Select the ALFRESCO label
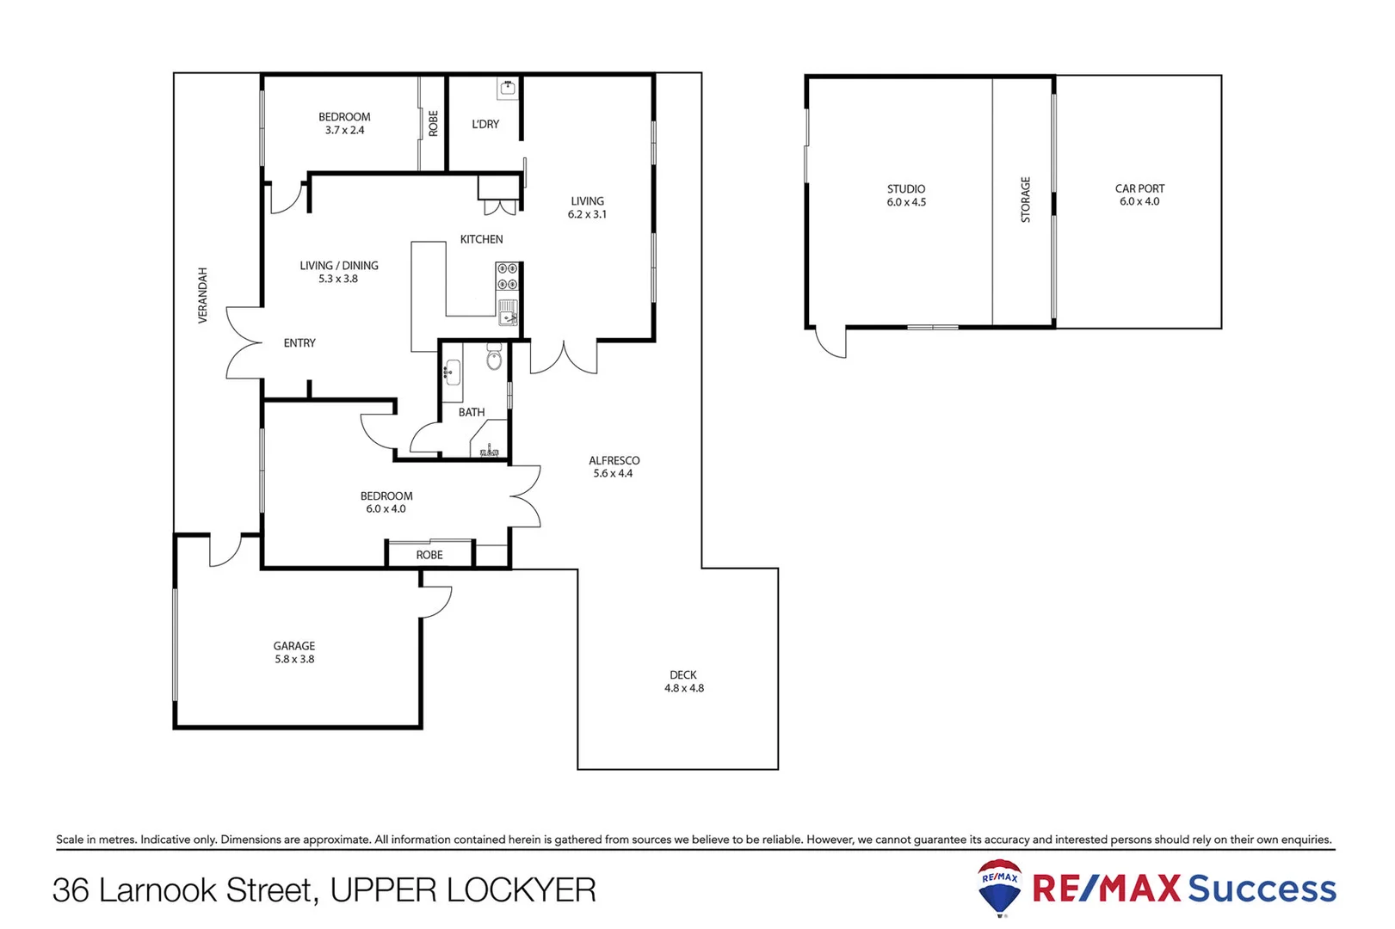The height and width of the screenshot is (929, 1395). pos(614,461)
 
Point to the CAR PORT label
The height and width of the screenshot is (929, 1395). pos(1139,188)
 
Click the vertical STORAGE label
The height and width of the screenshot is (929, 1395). pos(1025,200)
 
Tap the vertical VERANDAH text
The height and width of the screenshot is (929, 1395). pos(203,295)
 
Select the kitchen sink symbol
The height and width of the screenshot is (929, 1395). pos(508,311)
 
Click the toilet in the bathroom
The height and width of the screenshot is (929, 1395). pos(494,357)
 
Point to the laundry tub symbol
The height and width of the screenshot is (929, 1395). pos(508,88)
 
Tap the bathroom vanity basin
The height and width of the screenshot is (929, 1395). pos(452,373)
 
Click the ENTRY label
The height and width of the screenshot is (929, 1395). pos(299,343)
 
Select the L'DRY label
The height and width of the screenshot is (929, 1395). pos(485,124)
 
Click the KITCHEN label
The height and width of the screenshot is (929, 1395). pos(481,239)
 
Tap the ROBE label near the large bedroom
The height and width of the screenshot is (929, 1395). pos(429,555)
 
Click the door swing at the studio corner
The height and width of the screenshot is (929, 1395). pos(831,343)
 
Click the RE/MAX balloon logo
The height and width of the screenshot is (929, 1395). pos(1000,886)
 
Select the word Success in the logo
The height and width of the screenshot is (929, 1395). pos(1262,889)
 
